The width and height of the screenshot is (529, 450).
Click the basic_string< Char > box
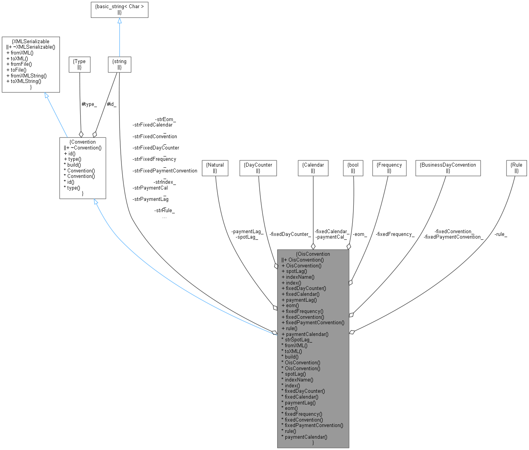click(x=120, y=9)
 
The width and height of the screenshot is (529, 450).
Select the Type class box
click(x=80, y=64)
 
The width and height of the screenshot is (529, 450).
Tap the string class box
click(x=120, y=64)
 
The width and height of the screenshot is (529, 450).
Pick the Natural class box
click(x=215, y=168)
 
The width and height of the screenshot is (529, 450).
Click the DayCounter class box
click(x=258, y=168)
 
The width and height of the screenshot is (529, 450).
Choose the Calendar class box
click(x=313, y=168)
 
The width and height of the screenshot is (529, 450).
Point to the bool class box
click(x=353, y=168)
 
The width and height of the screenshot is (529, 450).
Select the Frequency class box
click(x=389, y=168)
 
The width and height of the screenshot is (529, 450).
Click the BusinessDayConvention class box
click(x=448, y=168)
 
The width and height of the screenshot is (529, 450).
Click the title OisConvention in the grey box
click(x=313, y=254)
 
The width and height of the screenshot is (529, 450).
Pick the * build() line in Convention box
click(x=72, y=165)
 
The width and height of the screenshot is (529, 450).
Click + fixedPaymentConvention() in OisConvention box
click(x=313, y=322)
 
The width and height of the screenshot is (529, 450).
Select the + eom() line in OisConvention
click(x=290, y=306)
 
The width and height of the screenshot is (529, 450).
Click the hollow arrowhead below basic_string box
click(x=120, y=20)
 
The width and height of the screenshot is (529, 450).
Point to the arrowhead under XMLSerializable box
click(x=47, y=96)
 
